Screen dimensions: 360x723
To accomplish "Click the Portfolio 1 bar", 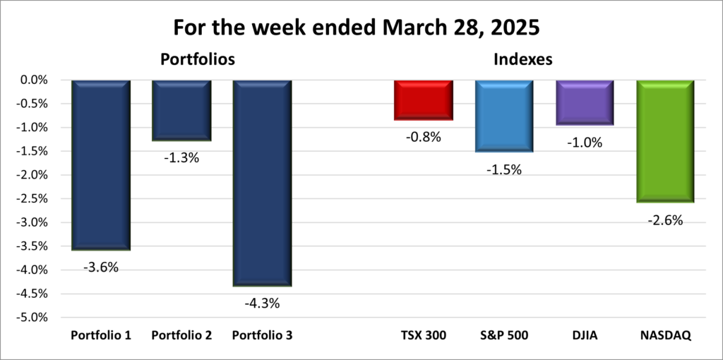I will tap(101, 165).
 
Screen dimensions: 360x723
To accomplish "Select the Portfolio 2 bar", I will tap(181, 110).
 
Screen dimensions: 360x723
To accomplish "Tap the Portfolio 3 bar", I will tap(262, 183).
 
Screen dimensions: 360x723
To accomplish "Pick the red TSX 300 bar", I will tap(424, 100).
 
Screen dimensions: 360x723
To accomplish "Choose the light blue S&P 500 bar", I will tap(504, 116).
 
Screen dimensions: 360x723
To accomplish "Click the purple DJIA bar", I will tap(585, 102).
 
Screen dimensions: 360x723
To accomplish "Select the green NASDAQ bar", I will tap(665, 141).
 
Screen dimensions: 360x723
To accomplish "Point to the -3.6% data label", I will tap(101, 268).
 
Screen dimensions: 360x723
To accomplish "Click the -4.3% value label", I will tap(263, 304).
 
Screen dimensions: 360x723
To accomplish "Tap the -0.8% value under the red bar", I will tap(424, 138).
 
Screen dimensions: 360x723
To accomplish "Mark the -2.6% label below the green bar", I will tap(665, 220).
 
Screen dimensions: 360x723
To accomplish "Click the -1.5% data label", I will tap(504, 169).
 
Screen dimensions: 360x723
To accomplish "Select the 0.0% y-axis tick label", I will tap(34, 80).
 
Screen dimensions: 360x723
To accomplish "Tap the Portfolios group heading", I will tap(197, 59).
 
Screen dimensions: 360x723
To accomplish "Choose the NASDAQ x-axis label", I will tap(665, 335).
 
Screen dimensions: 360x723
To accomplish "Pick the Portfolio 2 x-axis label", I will tap(181, 335).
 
